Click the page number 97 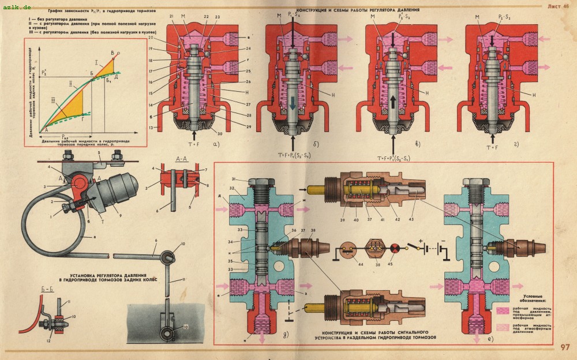pos(564,347)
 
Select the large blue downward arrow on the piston pos(294,103)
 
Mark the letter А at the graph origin pos(40,130)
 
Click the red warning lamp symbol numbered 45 pos(395,250)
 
